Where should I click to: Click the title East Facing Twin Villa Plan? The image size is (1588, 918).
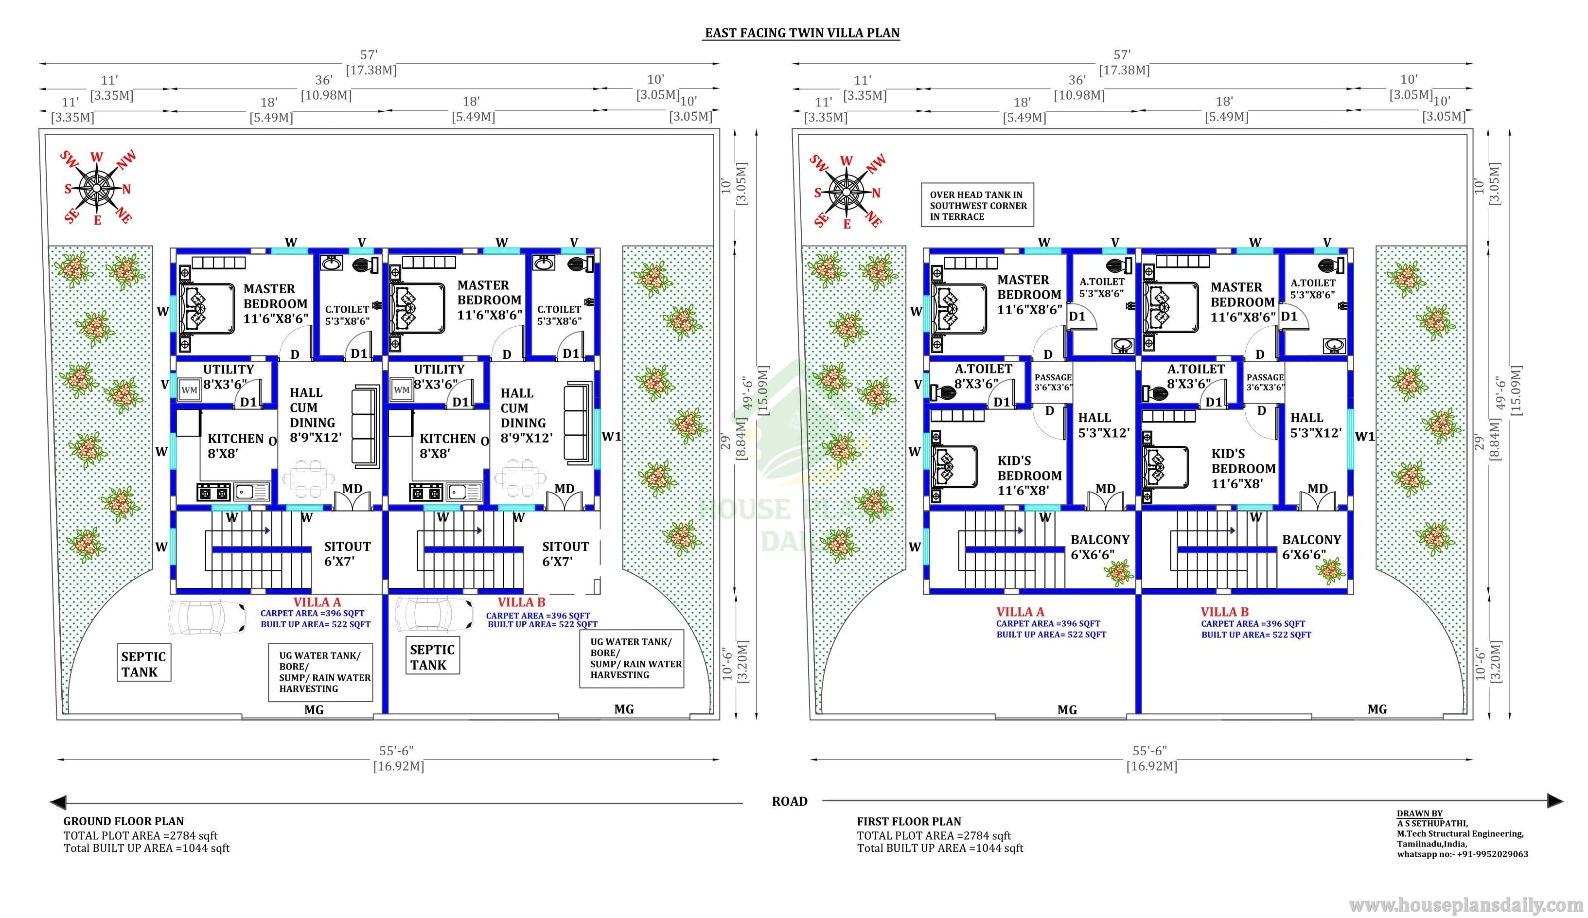point(802,33)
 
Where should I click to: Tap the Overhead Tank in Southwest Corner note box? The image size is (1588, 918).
point(977,205)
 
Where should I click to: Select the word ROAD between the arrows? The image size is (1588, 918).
point(790,801)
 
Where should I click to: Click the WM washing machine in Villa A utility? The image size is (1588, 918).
point(189,390)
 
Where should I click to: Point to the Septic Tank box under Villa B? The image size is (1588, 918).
point(432,657)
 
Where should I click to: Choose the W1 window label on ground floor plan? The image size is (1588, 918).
point(611,437)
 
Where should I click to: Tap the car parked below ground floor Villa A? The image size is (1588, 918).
point(207,616)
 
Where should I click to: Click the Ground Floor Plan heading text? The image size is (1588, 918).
point(124,822)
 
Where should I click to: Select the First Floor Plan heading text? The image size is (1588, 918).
point(909,822)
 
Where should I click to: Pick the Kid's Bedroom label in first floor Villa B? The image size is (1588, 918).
point(1243,469)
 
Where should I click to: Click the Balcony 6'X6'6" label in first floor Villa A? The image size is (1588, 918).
point(1100,547)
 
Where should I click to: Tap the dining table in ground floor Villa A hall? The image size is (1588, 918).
point(308,479)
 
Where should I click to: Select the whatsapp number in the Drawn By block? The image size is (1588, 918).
point(1462,854)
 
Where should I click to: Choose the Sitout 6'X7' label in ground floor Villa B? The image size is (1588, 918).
point(565,554)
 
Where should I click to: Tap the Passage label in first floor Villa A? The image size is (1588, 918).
point(1053,377)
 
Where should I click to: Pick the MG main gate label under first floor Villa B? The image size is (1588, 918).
point(1377,709)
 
